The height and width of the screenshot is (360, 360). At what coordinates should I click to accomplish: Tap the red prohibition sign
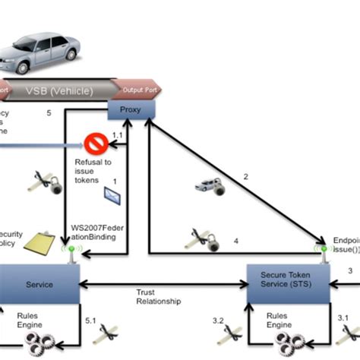pyautogui.click(x=96, y=143)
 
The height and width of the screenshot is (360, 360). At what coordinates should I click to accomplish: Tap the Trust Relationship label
pyautogui.click(x=159, y=296)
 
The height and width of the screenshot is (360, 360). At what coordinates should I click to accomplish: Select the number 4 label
pyautogui.click(x=235, y=241)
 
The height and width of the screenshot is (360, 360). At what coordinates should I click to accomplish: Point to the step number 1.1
pyautogui.click(x=117, y=134)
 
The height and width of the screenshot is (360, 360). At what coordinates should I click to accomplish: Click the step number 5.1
pyautogui.click(x=91, y=321)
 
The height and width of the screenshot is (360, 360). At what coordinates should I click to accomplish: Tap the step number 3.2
pyautogui.click(x=218, y=321)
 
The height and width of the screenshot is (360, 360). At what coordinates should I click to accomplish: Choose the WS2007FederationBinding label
pyautogui.click(x=98, y=231)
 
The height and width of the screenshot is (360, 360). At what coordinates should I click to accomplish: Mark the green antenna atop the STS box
pyautogui.click(x=325, y=251)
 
